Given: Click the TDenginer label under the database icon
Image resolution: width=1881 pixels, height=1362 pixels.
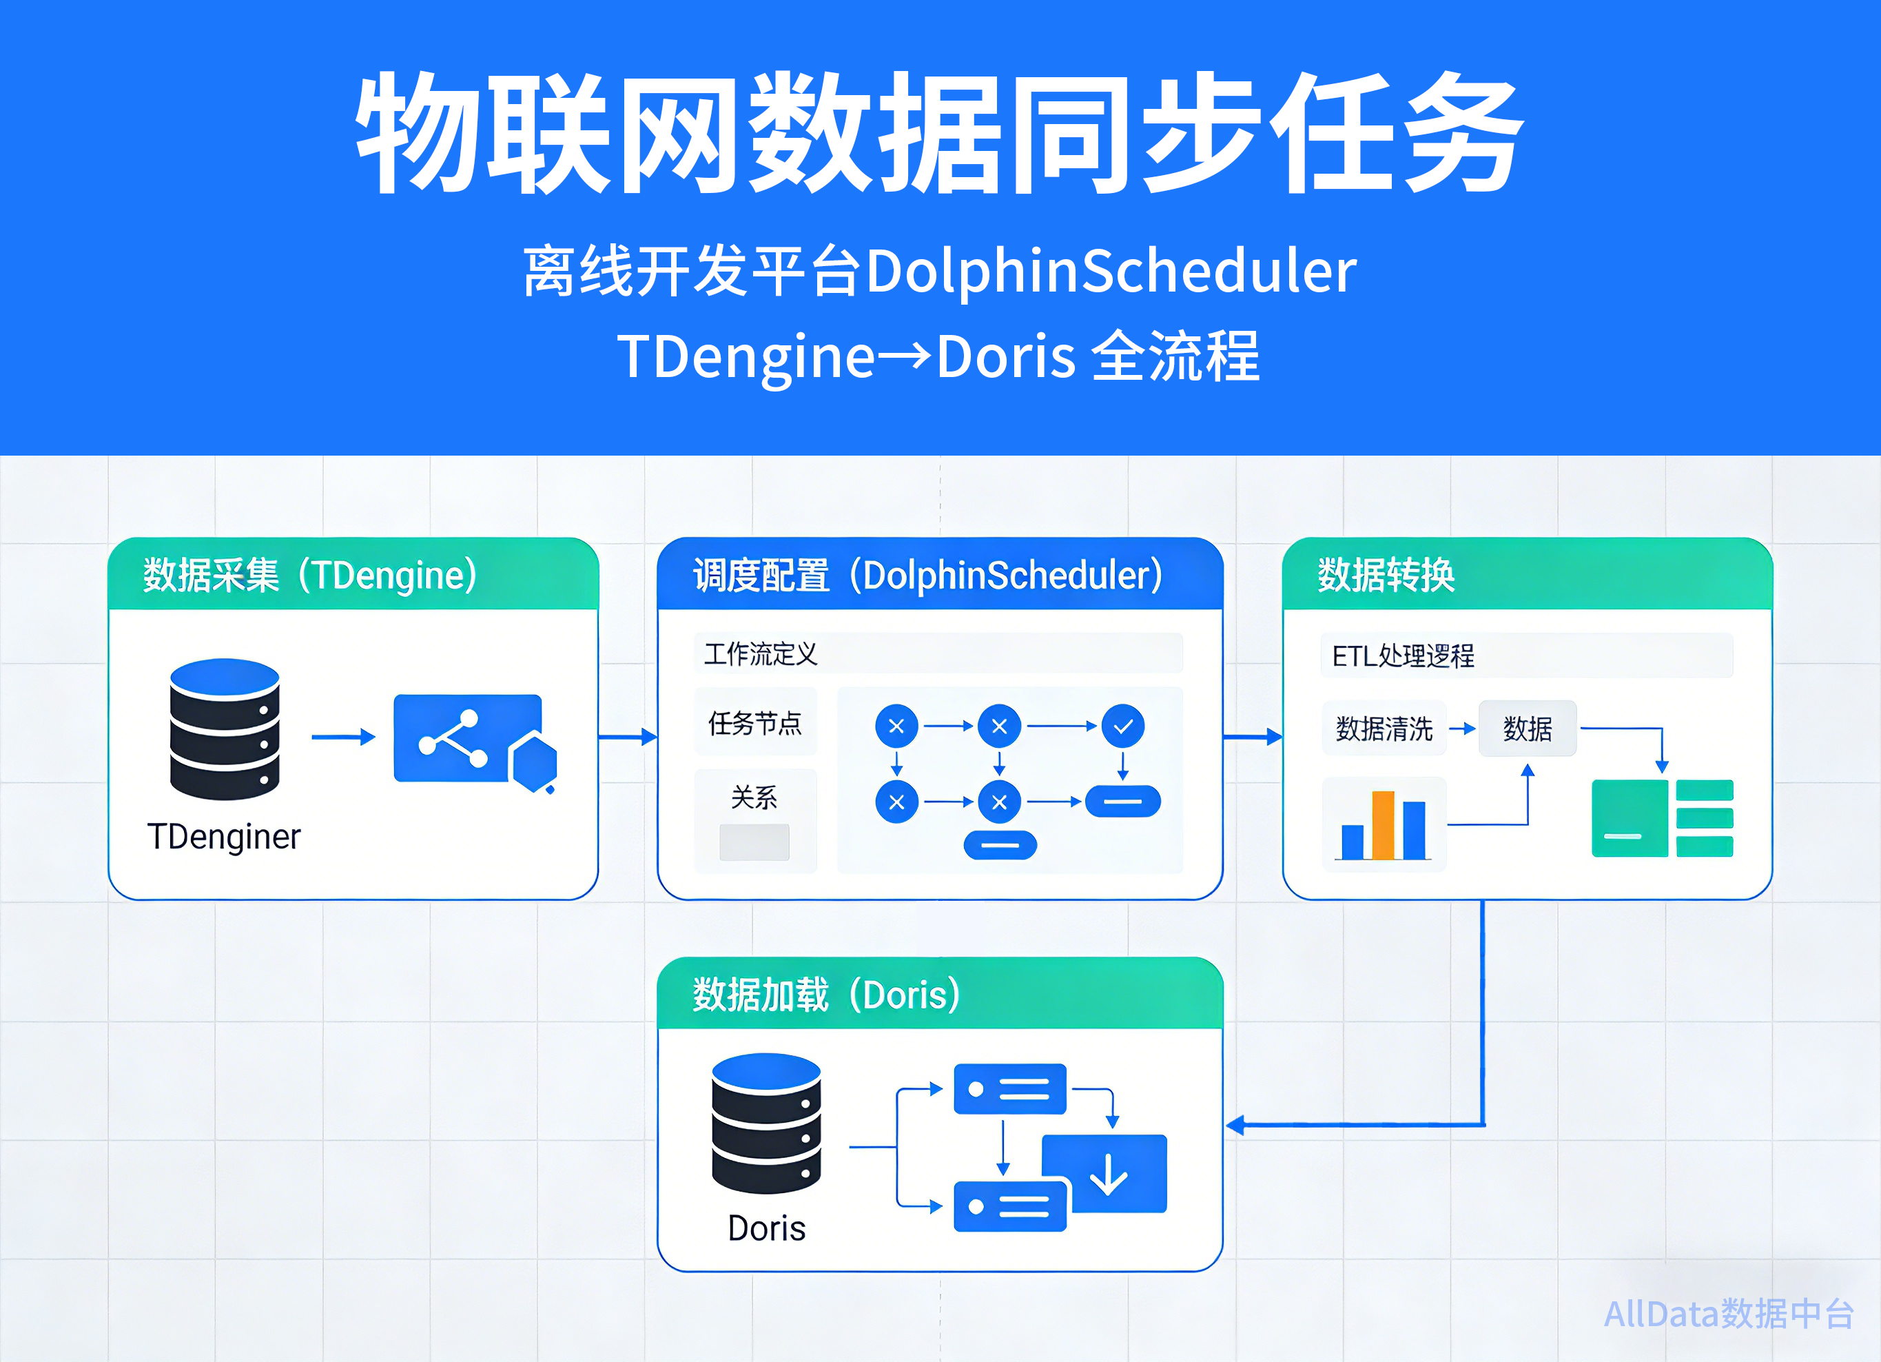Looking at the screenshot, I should (x=223, y=837).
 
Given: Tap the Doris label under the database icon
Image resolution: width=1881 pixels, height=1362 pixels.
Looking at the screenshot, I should (x=766, y=1228).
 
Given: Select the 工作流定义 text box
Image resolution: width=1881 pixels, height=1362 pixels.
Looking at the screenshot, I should (x=938, y=653).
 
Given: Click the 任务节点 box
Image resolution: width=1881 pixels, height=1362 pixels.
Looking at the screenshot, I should (x=754, y=722).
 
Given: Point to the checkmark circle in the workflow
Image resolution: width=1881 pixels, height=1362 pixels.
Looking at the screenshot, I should (x=1123, y=726).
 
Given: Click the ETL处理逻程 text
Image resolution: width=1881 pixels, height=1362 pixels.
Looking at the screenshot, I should (x=1404, y=656).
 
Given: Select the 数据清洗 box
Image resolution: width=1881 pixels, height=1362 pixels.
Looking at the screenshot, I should (x=1384, y=729).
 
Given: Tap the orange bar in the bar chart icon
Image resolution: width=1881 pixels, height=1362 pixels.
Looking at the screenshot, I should (x=1383, y=825).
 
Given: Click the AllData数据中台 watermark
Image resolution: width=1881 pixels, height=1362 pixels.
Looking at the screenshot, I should (x=1729, y=1314).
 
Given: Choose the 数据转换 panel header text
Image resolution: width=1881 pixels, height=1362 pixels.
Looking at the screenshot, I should (x=1387, y=575).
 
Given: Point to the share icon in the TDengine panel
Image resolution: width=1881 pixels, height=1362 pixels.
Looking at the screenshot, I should (x=453, y=738).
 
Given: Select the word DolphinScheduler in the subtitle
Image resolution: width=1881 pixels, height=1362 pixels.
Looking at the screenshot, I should (x=1111, y=272).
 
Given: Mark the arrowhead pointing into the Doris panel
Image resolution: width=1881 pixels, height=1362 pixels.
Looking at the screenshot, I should (x=1236, y=1125).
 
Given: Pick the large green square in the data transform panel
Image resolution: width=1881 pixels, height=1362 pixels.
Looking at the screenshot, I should (x=1629, y=819).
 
